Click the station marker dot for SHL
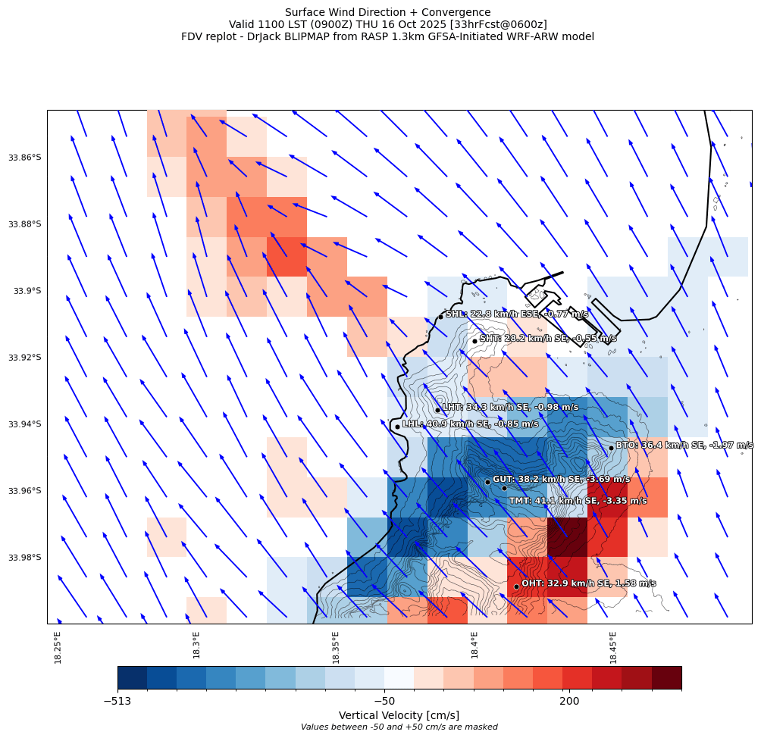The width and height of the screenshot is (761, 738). (440, 317)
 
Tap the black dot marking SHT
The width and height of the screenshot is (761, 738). (474, 341)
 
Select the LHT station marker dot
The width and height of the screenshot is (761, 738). (437, 410)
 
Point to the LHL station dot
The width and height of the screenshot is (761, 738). (397, 427)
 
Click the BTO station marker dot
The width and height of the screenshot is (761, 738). (611, 448)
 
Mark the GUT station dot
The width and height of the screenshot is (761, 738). (487, 482)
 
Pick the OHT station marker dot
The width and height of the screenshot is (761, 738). (516, 586)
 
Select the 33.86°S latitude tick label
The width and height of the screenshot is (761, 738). (25, 158)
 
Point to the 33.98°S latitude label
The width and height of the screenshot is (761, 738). (25, 558)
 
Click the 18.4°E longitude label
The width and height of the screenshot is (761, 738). (474, 645)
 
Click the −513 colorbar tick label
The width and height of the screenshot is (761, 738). (117, 702)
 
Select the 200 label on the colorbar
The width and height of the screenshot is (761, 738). (569, 702)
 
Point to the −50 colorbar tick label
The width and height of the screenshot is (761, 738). (384, 702)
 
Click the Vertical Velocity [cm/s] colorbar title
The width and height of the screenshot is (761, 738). (399, 715)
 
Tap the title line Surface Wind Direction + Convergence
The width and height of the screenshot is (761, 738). (387, 12)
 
